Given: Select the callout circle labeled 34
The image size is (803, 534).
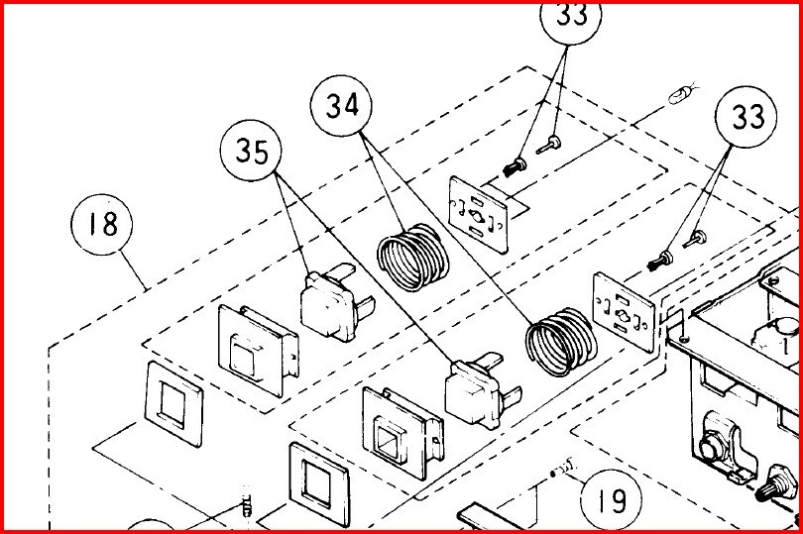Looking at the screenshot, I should (x=341, y=106).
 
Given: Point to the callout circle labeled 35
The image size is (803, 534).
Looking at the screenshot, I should (x=250, y=152).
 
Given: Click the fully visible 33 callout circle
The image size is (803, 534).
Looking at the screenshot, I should (x=747, y=118).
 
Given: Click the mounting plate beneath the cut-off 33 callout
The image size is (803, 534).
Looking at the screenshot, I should (x=484, y=210).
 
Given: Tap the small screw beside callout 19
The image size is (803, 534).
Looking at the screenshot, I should (x=568, y=464).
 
